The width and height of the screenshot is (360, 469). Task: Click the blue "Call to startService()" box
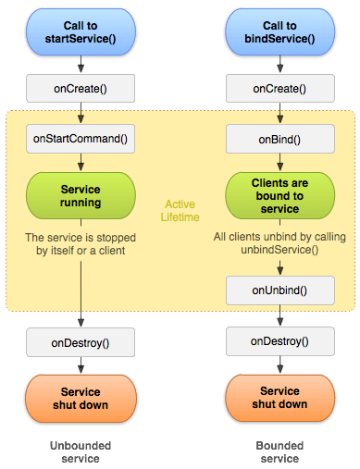point(81,31)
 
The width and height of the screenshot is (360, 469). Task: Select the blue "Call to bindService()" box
point(279,31)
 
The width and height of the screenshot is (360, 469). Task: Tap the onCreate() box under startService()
point(81,88)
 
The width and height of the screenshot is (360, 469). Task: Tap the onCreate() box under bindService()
point(279,88)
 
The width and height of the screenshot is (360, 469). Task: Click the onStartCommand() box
point(81,140)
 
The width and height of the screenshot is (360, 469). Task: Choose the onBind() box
point(279,140)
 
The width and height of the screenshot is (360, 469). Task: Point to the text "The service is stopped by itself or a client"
point(81,243)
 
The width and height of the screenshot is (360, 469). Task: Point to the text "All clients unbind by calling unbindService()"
point(279,243)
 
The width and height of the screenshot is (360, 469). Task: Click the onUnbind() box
point(279,290)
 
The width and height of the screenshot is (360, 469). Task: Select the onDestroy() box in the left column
point(81,342)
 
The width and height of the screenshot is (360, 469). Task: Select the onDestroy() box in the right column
point(279,342)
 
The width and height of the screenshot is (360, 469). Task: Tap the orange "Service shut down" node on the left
point(81,398)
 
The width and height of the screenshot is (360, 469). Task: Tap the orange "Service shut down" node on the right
point(279,398)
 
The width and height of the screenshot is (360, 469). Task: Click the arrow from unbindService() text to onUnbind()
point(279,266)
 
